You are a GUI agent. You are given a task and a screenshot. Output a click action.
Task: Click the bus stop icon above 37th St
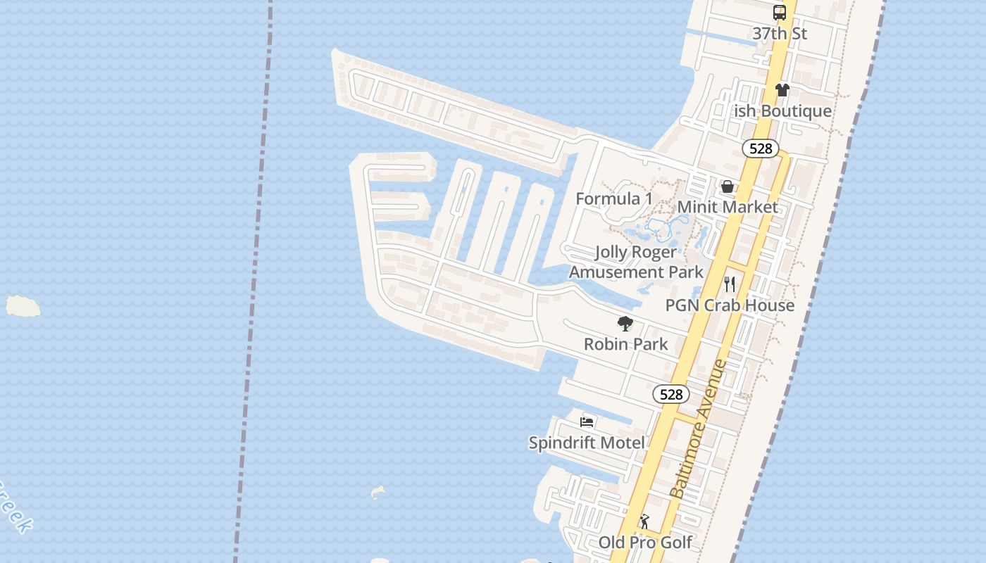tap(780, 12)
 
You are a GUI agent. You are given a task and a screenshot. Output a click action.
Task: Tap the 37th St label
tap(780, 33)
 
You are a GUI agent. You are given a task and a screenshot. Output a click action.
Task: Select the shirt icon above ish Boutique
tap(782, 90)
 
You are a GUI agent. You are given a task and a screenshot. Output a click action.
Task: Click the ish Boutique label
tap(782, 111)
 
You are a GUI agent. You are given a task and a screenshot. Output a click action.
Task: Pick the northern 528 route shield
tap(761, 148)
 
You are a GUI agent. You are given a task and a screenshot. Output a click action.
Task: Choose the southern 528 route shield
tap(671, 394)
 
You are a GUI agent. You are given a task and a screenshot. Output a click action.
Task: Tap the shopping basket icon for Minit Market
tap(728, 186)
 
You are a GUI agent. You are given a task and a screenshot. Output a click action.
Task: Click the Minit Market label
tap(728, 207)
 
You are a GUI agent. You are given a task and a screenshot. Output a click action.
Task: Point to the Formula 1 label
tap(614, 199)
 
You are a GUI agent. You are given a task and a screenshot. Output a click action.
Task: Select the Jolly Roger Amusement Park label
tap(636, 262)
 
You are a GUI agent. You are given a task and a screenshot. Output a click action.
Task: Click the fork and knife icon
tap(730, 284)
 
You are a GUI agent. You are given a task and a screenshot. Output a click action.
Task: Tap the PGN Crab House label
tap(730, 305)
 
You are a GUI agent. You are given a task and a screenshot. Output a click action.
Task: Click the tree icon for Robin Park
tap(625, 324)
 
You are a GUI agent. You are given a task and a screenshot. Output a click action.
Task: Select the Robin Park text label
tap(625, 344)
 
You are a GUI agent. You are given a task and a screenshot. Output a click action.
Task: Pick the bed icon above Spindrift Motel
tap(587, 422)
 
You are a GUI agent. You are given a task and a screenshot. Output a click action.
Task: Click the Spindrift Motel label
tap(587, 443)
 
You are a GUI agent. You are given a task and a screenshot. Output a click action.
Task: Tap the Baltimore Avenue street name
tap(699, 429)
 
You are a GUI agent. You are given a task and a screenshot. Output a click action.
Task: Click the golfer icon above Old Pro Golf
tap(644, 522)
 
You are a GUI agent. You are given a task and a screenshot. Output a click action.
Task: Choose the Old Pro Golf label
tap(645, 543)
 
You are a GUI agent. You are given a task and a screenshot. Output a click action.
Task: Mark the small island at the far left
tap(23, 306)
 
